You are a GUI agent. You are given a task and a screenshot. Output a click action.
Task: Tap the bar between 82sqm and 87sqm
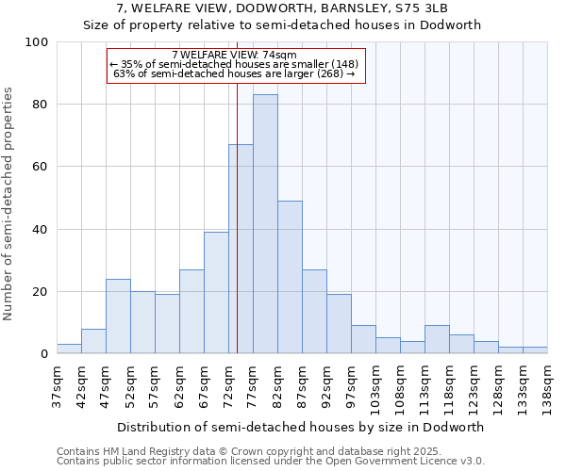click(290, 277)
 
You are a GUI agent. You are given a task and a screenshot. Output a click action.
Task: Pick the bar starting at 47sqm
click(118, 317)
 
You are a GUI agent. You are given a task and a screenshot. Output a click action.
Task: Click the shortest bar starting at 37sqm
click(69, 349)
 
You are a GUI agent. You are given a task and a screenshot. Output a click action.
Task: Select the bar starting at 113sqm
click(437, 340)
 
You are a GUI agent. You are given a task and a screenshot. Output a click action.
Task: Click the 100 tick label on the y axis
click(37, 42)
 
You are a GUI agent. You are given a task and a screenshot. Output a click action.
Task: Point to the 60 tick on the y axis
click(40, 167)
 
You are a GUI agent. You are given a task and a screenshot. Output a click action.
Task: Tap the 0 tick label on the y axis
click(43, 354)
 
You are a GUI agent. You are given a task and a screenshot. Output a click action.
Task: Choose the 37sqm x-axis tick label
click(57, 384)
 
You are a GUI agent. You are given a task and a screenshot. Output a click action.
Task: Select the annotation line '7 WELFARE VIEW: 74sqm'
click(235, 56)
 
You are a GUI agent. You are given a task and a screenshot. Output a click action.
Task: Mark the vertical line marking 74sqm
click(237, 217)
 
